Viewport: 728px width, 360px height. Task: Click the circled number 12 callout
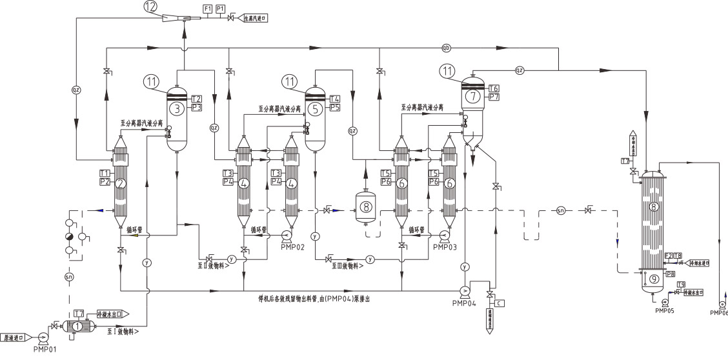[x=149, y=6]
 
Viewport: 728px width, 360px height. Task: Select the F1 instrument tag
[x=207, y=8]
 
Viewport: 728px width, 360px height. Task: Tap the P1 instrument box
[x=221, y=8]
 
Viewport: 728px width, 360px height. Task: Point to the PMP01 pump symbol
[x=43, y=336]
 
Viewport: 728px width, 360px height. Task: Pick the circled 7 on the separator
[x=473, y=96]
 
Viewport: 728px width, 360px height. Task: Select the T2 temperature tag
[x=197, y=98]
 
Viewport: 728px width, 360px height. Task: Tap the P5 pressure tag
[x=335, y=107]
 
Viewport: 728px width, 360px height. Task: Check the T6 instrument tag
[x=494, y=88]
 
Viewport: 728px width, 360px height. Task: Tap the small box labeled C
[x=500, y=303]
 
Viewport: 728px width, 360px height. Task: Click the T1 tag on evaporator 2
[x=105, y=173]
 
